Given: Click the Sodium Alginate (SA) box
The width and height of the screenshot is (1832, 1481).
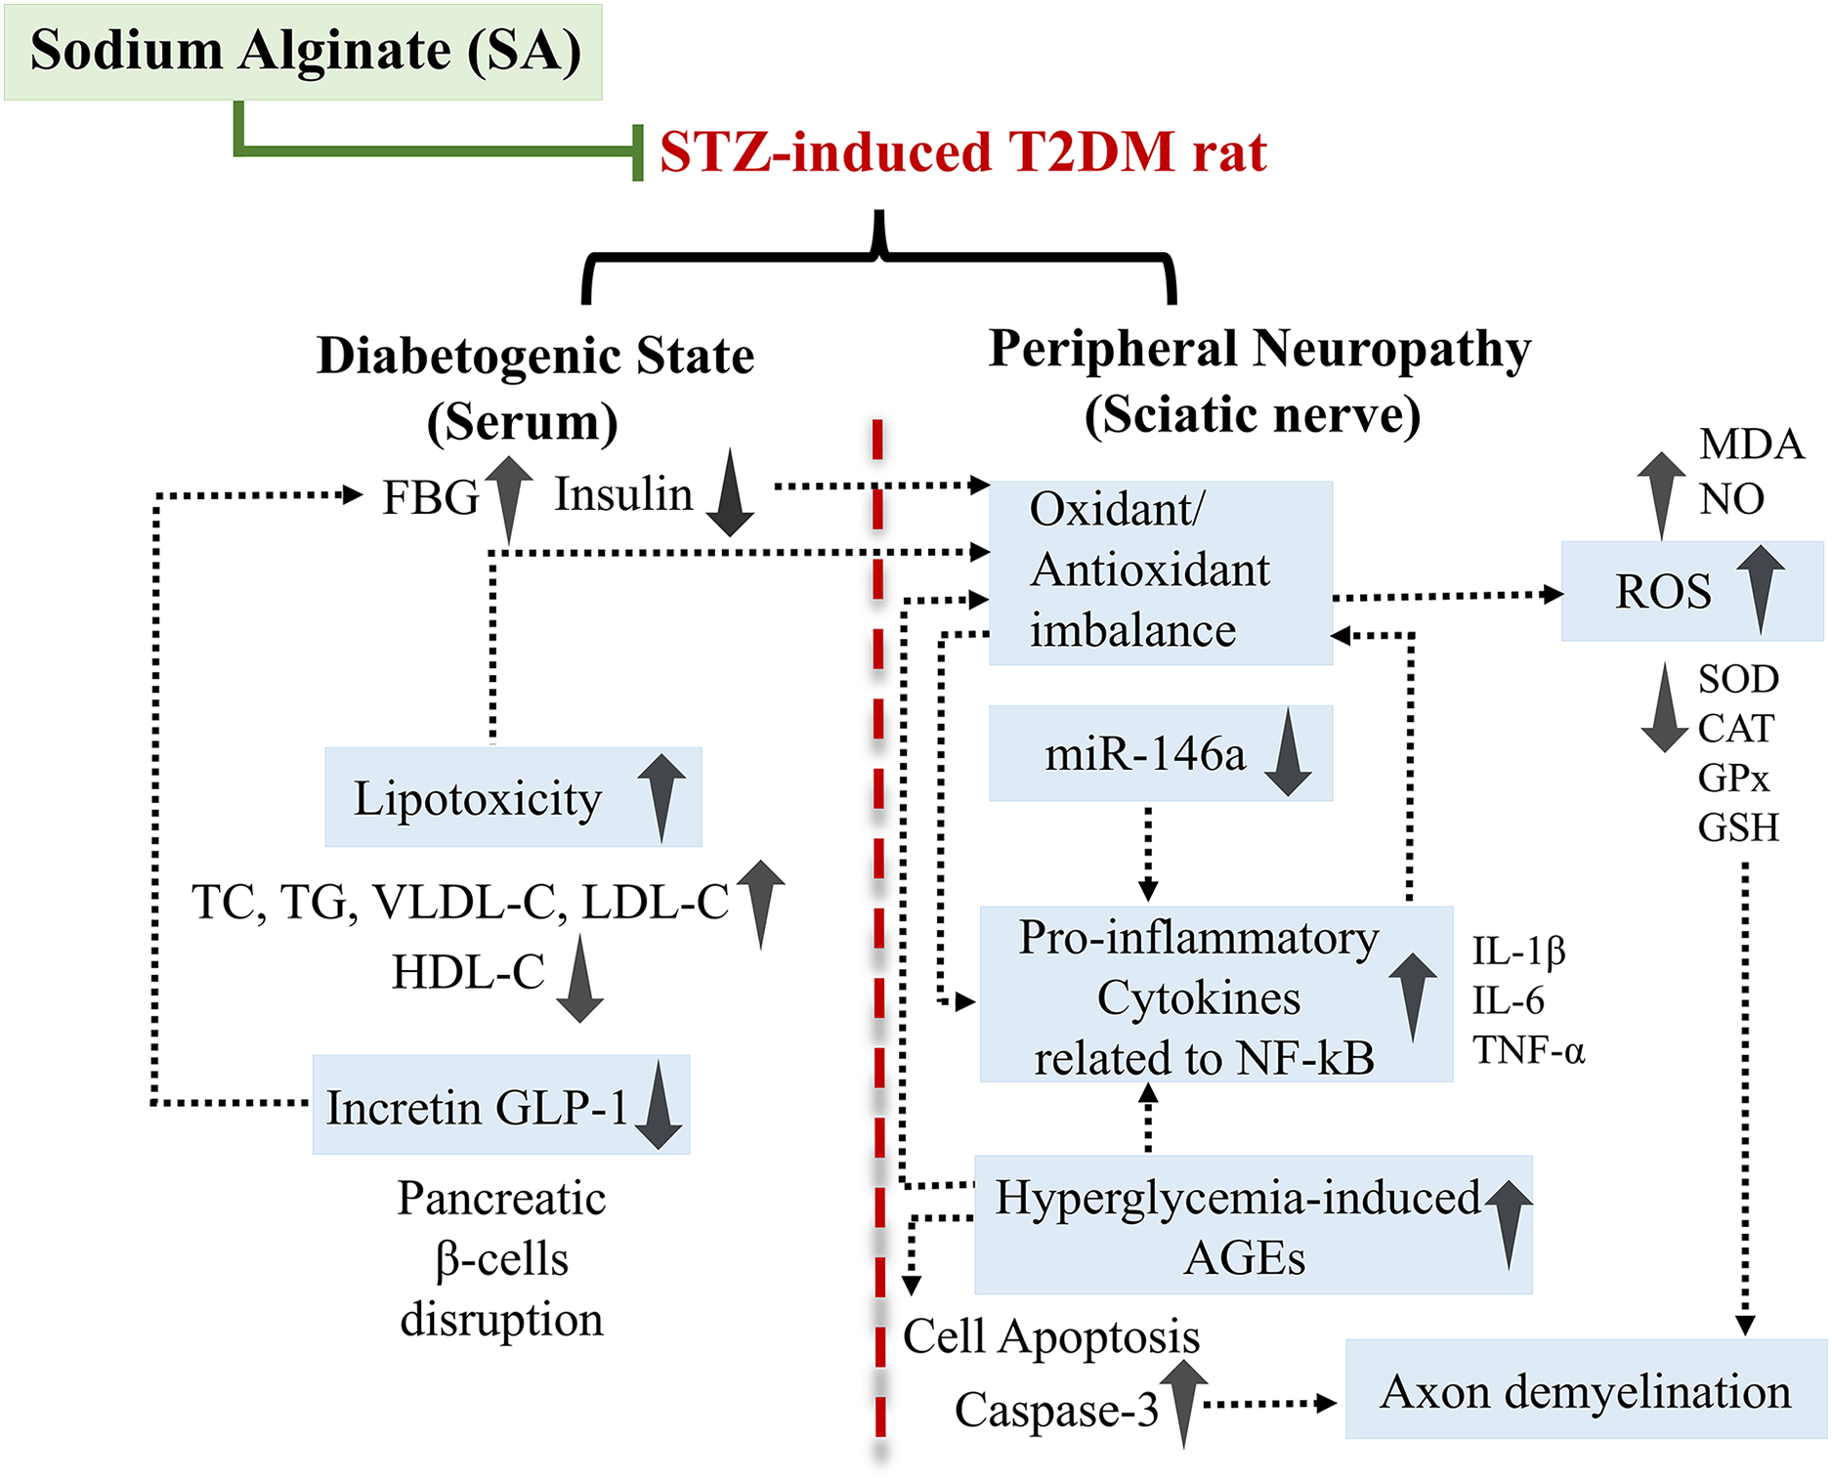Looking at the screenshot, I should click(303, 51).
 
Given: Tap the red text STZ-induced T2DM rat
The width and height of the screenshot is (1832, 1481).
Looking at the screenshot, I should click(962, 152).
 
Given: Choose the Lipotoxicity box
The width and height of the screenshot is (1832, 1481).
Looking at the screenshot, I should click(513, 797).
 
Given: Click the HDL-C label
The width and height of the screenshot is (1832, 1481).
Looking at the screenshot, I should click(468, 973).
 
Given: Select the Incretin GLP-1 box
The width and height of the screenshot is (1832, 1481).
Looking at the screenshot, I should click(500, 1105).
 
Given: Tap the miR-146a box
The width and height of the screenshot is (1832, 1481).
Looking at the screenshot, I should click(1160, 753).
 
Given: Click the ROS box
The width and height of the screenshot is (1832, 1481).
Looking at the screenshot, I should click(1691, 591).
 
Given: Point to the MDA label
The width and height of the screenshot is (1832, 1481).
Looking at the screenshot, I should click(1751, 444).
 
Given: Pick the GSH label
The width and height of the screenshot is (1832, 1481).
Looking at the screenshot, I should click(1737, 827).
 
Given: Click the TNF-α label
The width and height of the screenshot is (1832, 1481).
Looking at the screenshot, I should click(1528, 1050).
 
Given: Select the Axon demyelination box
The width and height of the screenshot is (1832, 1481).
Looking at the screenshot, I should click(1585, 1389).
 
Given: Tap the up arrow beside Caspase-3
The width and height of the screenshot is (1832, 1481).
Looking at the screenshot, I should click(1183, 1399).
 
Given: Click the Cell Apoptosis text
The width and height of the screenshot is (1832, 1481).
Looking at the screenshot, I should click(1050, 1336).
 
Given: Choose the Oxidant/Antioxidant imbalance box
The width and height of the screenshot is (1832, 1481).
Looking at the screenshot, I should click(1160, 572).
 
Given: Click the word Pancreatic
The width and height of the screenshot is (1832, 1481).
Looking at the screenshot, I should click(501, 1199).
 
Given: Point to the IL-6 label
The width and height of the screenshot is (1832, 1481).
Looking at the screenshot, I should click(1508, 1000).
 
